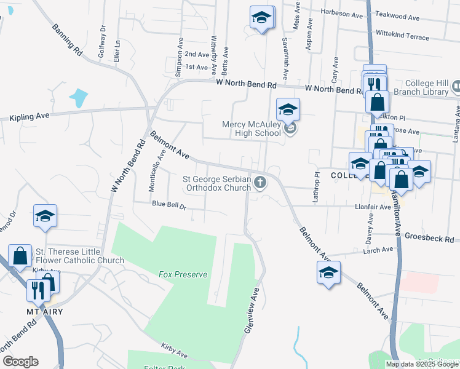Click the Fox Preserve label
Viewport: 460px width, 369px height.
click(183, 274)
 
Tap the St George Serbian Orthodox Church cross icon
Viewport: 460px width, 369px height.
click(261, 182)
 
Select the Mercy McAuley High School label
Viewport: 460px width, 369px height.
click(251, 129)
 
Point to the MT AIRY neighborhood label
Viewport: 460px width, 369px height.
click(45, 312)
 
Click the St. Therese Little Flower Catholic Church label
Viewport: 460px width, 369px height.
click(80, 256)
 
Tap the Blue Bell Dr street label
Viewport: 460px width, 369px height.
click(169, 205)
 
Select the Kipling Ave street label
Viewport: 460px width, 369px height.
click(29, 116)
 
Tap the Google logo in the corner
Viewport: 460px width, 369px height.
click(20, 362)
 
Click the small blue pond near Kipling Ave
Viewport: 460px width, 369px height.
click(79, 97)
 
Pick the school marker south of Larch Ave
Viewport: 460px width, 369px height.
click(328, 272)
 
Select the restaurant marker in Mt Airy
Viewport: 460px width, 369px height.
click(38, 290)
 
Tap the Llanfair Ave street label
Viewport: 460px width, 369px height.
click(373, 207)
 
